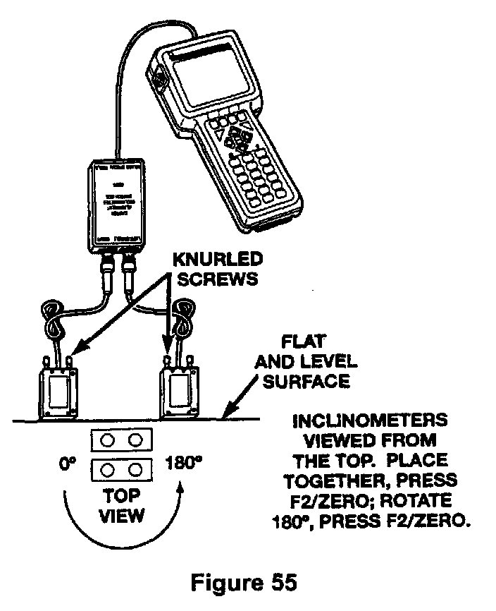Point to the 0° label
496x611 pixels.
point(68,465)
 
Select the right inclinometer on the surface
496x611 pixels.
point(179,392)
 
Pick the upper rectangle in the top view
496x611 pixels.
point(121,441)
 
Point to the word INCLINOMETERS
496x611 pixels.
point(370,421)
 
